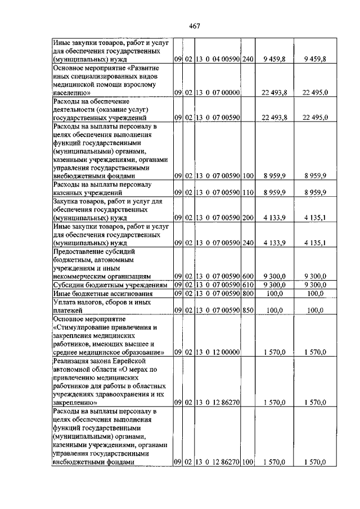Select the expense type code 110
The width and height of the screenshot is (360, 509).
pos(247,192)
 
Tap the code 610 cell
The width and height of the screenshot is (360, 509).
pos(247,285)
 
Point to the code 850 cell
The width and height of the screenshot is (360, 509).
pos(247,310)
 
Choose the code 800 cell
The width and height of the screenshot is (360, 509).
pos(247,293)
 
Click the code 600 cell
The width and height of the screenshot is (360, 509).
pos(247,277)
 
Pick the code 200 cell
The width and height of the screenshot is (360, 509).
pos(247,218)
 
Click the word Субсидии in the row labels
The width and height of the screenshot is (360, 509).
pos(69,285)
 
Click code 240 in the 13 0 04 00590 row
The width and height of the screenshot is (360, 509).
pos(247,59)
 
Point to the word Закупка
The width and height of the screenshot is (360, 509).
pos(67,201)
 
